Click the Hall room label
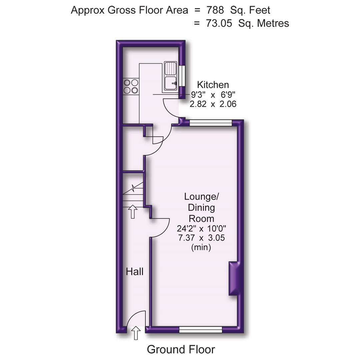[x=135, y=272]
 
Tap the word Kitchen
[x=213, y=85]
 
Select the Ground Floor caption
[x=181, y=349]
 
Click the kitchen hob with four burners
[x=130, y=86]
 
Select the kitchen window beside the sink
[x=182, y=76]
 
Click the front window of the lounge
[x=201, y=330]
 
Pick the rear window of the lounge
[x=210, y=123]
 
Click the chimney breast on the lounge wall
[x=234, y=278]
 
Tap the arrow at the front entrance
[x=136, y=333]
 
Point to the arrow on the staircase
[x=133, y=212]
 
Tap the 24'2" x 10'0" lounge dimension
[x=202, y=229]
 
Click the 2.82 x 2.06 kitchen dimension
[x=213, y=104]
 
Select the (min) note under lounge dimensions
[x=201, y=247]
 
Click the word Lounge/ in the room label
[x=201, y=197]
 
